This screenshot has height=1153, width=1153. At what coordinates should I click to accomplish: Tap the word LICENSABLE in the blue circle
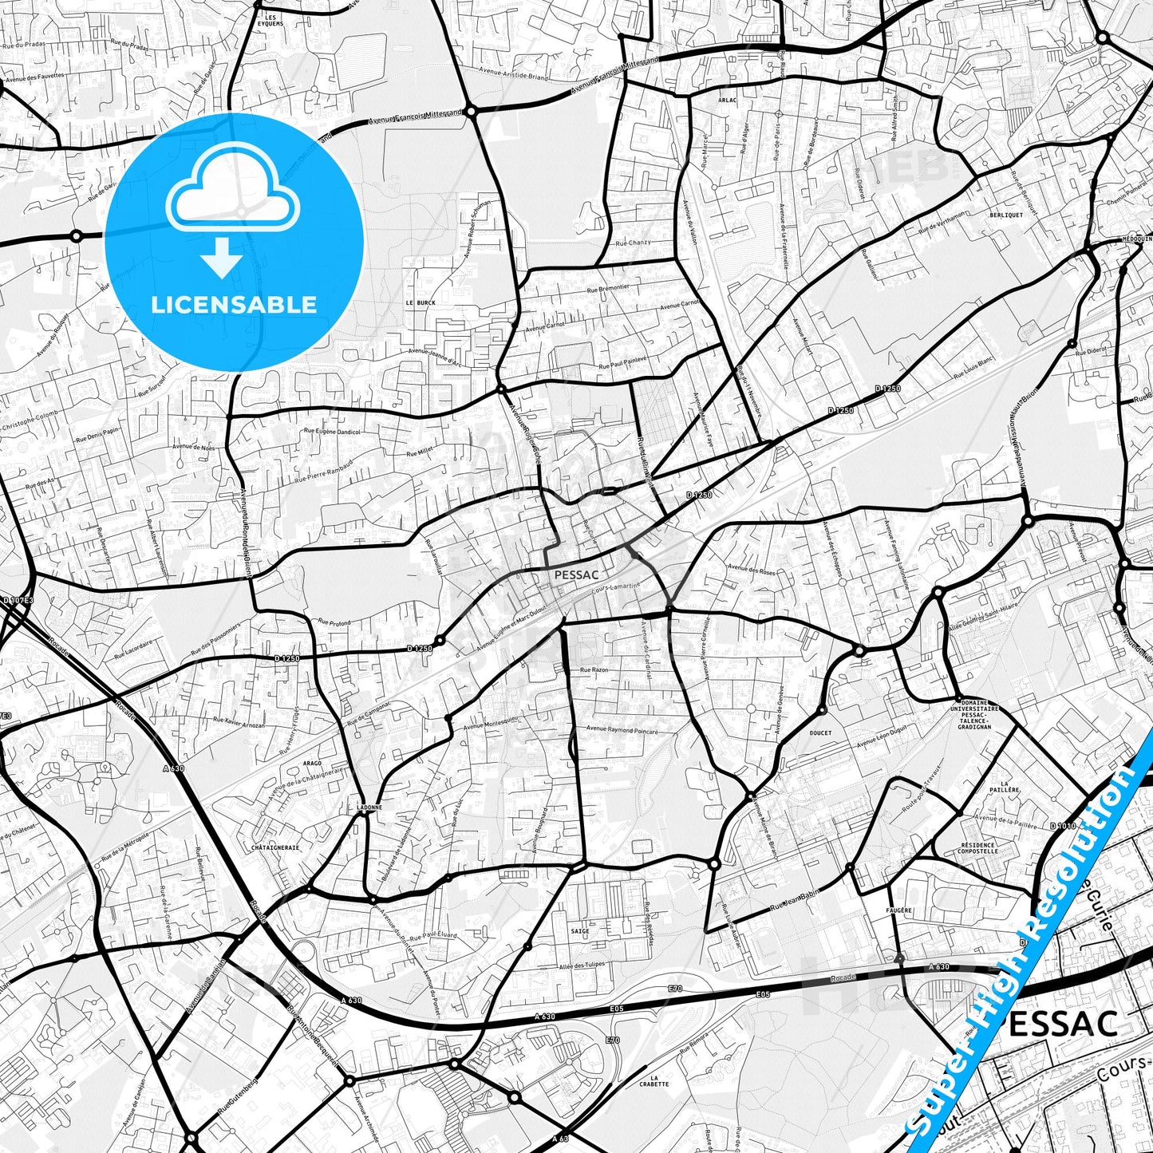[234, 304]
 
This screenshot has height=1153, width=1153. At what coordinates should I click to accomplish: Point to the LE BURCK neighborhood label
[421, 303]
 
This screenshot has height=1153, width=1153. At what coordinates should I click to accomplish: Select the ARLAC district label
[705, 101]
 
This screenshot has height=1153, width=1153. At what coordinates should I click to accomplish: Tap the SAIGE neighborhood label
[580, 931]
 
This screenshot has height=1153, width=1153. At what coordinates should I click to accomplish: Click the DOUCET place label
[820, 732]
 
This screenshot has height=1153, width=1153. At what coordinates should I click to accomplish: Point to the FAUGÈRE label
[898, 910]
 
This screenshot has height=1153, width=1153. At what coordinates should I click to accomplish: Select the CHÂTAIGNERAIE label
[275, 847]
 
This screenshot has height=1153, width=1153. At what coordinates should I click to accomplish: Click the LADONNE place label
[370, 807]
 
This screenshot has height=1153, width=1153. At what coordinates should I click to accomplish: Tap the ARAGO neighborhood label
[312, 764]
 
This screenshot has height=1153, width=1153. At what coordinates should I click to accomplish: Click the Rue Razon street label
[594, 670]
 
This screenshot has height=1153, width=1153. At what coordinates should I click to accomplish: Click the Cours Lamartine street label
[615, 587]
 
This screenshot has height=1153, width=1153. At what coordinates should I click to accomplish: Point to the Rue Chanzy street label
[633, 243]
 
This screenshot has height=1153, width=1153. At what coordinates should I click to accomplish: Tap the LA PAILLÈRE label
[1009, 786]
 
